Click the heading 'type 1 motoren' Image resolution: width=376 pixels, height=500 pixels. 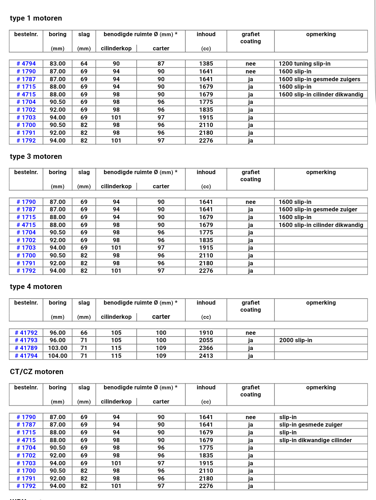tap(36, 18)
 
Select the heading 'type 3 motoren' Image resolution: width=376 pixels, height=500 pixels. tap(36, 156)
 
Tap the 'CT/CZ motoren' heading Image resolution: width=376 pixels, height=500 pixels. tap(37, 372)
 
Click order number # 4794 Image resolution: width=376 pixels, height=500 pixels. tap(26, 63)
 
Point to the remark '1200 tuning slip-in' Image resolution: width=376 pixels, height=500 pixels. tap(304, 63)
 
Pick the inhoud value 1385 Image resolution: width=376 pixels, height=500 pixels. tap(206, 63)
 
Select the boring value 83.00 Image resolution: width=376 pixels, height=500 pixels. tap(58, 63)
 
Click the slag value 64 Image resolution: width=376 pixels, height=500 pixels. tap(84, 63)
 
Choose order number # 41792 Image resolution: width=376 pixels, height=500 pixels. tap(26, 333)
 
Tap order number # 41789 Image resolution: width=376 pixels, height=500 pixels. tap(26, 348)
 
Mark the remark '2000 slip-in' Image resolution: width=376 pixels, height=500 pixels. tap(296, 340)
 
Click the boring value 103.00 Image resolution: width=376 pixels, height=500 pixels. tap(58, 348)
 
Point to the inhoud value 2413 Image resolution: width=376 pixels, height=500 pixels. tap(206, 356)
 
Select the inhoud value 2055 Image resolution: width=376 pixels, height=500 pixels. tap(206, 340)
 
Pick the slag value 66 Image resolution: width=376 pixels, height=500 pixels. tap(84, 333)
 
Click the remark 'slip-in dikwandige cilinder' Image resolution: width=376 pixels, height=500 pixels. tap(315, 440)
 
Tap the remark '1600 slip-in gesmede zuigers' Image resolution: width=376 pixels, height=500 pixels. tap(319, 79)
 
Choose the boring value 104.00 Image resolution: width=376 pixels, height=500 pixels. tap(58, 356)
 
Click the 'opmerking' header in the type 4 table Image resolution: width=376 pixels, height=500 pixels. tap(321, 302)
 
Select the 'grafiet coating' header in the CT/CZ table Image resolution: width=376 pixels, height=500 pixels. tap(250, 391)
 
